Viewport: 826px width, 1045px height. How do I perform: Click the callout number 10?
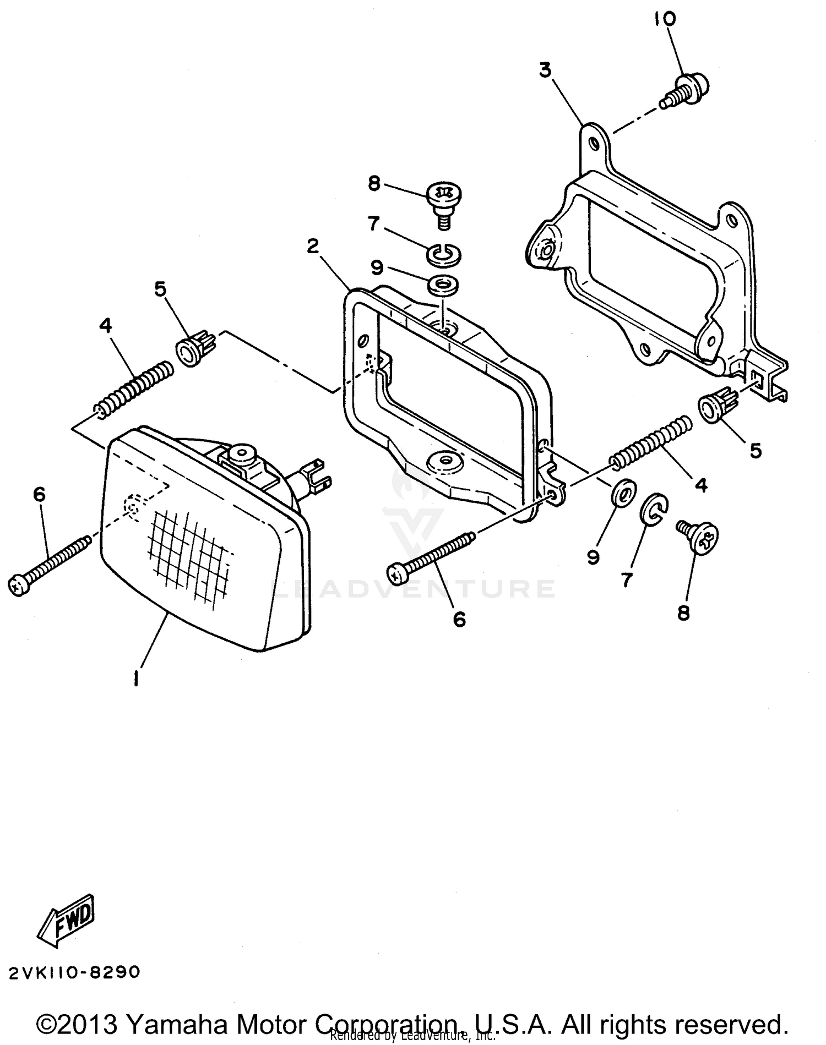(x=665, y=19)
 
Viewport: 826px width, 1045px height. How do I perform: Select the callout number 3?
(x=545, y=70)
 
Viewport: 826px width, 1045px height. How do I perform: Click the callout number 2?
(x=313, y=247)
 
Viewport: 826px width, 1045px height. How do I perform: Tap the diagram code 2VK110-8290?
(x=74, y=972)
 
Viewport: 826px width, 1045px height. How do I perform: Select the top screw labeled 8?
(x=444, y=200)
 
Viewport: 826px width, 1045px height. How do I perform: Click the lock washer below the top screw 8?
(x=444, y=253)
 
